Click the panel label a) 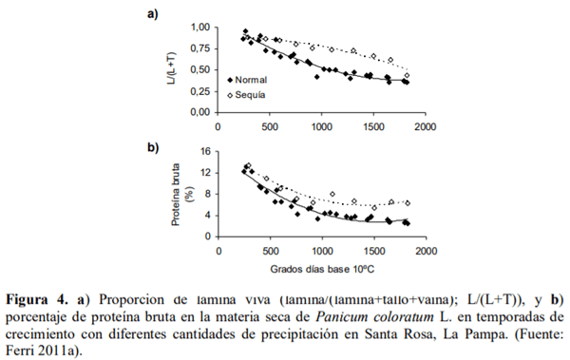tap(151, 13)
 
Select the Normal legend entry tap(256, 81)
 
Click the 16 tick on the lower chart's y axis tap(203, 152)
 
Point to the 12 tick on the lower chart tap(203, 173)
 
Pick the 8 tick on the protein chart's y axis tap(206, 194)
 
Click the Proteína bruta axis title tap(175, 194)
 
